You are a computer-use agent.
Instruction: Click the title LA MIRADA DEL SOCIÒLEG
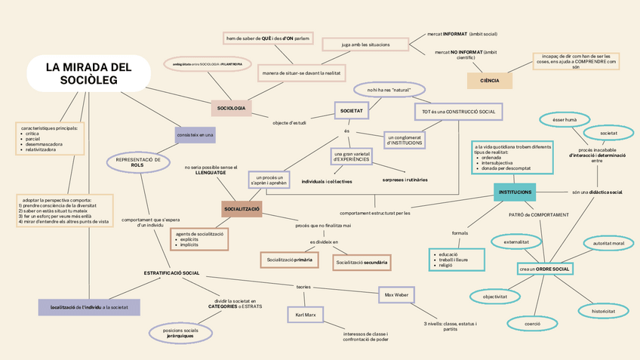88,73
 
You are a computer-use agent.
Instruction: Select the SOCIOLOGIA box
231,109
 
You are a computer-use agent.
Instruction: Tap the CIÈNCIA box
489,80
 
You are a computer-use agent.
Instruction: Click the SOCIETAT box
352,111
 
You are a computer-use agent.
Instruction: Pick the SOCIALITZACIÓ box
242,209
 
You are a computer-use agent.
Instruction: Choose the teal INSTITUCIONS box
515,192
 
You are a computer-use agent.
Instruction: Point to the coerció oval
532,323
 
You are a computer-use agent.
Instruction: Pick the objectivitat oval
495,297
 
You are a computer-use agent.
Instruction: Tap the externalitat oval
516,242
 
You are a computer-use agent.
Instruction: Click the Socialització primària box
288,260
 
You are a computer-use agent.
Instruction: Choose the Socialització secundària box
362,262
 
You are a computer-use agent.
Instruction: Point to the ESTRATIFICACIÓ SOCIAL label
172,272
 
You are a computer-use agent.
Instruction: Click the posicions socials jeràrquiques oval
180,332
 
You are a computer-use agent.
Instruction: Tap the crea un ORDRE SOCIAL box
544,269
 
